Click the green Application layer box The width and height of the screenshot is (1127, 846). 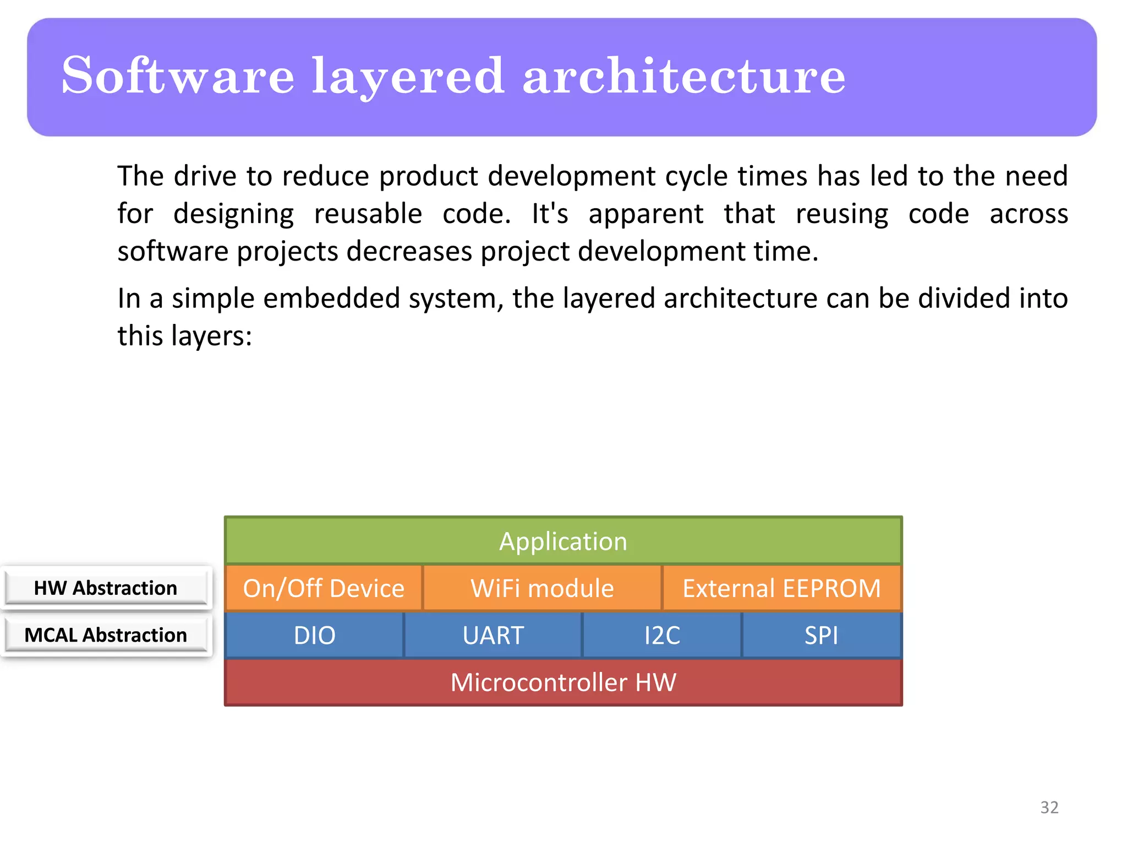563,541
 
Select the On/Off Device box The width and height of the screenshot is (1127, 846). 324,588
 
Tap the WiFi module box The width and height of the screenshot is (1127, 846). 542,588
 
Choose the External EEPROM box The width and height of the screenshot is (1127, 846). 781,588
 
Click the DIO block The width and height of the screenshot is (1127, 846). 314,635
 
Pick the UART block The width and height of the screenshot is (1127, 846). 493,635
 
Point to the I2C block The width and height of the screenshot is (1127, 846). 662,635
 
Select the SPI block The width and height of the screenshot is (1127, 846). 821,635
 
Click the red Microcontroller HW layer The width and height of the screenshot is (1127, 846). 563,682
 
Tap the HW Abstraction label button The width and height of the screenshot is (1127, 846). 106,588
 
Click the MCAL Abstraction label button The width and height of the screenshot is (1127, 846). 106,635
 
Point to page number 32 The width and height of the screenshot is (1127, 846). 1049,807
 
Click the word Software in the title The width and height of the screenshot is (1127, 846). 178,76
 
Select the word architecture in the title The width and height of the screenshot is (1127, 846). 683,76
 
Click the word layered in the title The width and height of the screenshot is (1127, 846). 408,76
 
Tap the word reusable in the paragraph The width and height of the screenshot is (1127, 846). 368,214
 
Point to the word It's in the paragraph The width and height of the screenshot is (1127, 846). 549,214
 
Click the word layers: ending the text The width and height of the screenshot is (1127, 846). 212,336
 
